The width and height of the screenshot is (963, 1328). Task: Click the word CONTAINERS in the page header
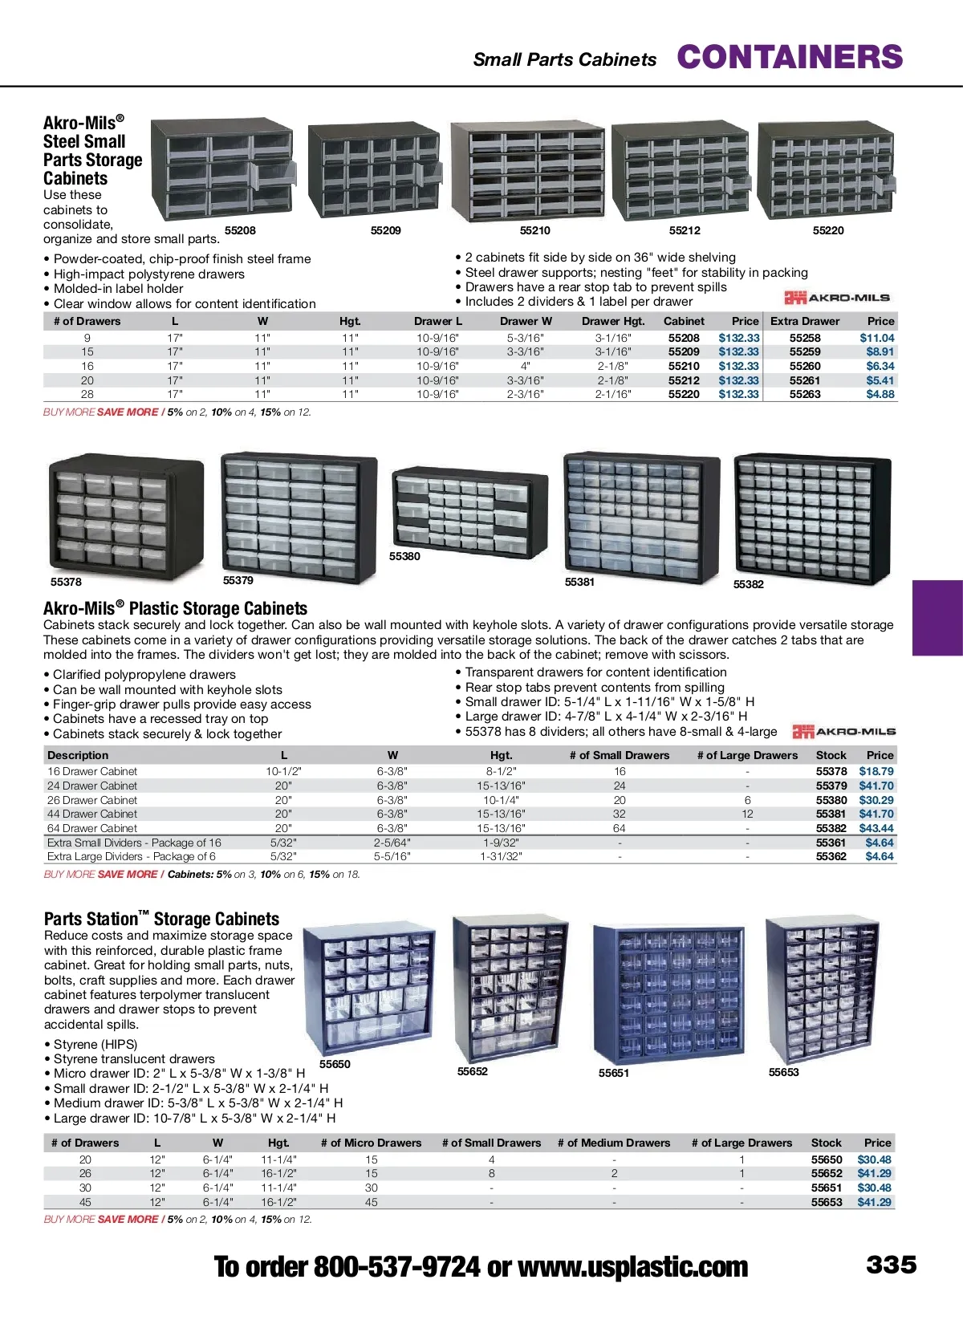[x=790, y=58]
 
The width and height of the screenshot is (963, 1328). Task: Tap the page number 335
[x=891, y=1265]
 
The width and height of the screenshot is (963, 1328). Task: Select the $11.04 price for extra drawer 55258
[x=876, y=338]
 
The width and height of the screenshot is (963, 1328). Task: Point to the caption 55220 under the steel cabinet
[x=828, y=230]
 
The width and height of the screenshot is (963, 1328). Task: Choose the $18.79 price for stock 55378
[x=876, y=771]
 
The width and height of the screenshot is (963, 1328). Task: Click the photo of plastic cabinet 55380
[x=460, y=512]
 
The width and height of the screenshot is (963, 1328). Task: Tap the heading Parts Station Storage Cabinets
[x=161, y=919]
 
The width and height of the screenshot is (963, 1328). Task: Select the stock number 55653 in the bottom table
[x=827, y=1202]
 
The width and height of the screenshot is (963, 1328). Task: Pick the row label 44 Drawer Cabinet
[x=92, y=814]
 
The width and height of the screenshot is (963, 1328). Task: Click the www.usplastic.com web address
[x=632, y=1267]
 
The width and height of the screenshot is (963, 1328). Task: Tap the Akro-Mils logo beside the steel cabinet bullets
[x=837, y=298]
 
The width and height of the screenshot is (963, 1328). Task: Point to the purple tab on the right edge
[x=937, y=618]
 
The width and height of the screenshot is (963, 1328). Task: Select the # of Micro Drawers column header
[x=371, y=1143]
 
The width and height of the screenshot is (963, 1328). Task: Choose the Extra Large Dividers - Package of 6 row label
[x=132, y=856]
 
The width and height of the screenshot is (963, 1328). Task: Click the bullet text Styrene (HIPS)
[x=95, y=1044]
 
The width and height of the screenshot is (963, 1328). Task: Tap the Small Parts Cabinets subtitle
[x=564, y=59]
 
